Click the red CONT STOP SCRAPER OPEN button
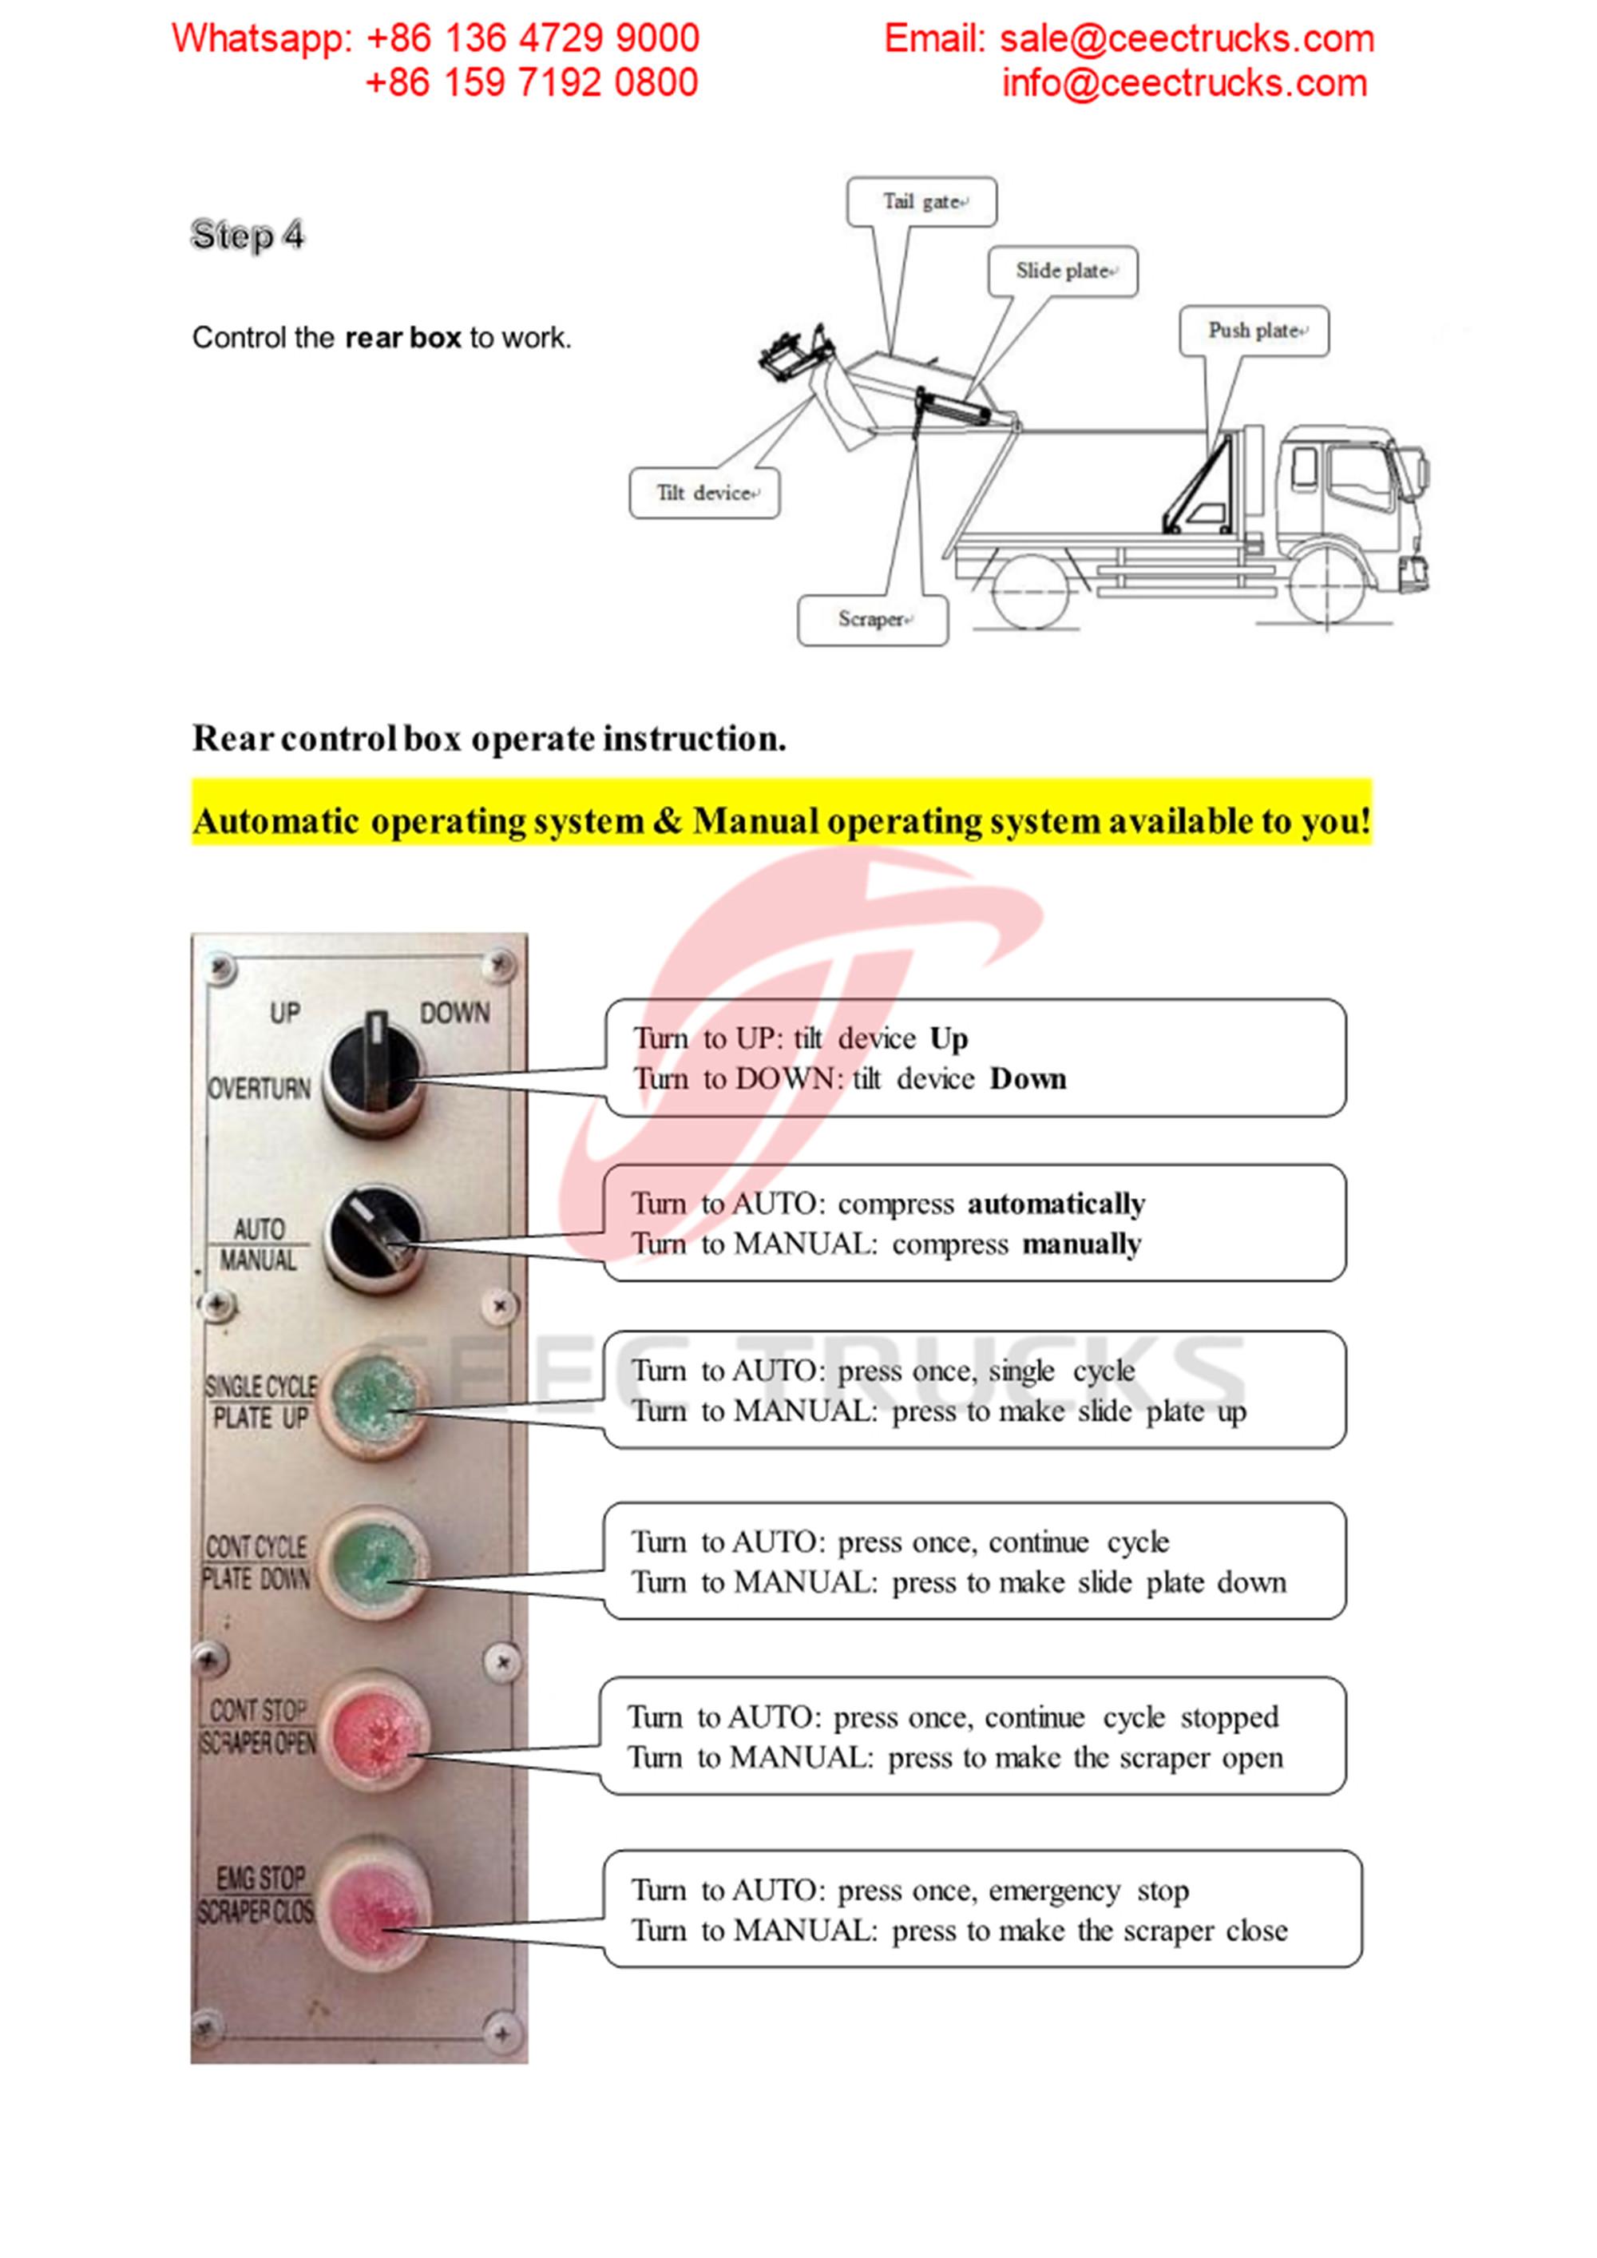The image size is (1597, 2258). (x=374, y=1731)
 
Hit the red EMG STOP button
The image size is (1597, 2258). (x=374, y=1903)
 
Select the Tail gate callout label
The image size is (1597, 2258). (x=921, y=201)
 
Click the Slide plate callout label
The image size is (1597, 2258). (x=1063, y=271)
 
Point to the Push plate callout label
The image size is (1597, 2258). (x=1254, y=331)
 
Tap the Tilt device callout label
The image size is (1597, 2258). (x=704, y=493)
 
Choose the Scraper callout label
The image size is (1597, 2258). (x=872, y=620)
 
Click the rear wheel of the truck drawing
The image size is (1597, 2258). (x=1029, y=589)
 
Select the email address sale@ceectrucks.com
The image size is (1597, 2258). (x=1186, y=38)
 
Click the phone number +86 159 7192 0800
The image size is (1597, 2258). (x=531, y=82)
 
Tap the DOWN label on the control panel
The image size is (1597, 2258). (x=454, y=1013)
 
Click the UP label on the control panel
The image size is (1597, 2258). (x=285, y=1013)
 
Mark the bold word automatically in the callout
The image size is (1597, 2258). (x=1056, y=1204)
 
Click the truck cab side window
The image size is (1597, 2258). (x=1359, y=476)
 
